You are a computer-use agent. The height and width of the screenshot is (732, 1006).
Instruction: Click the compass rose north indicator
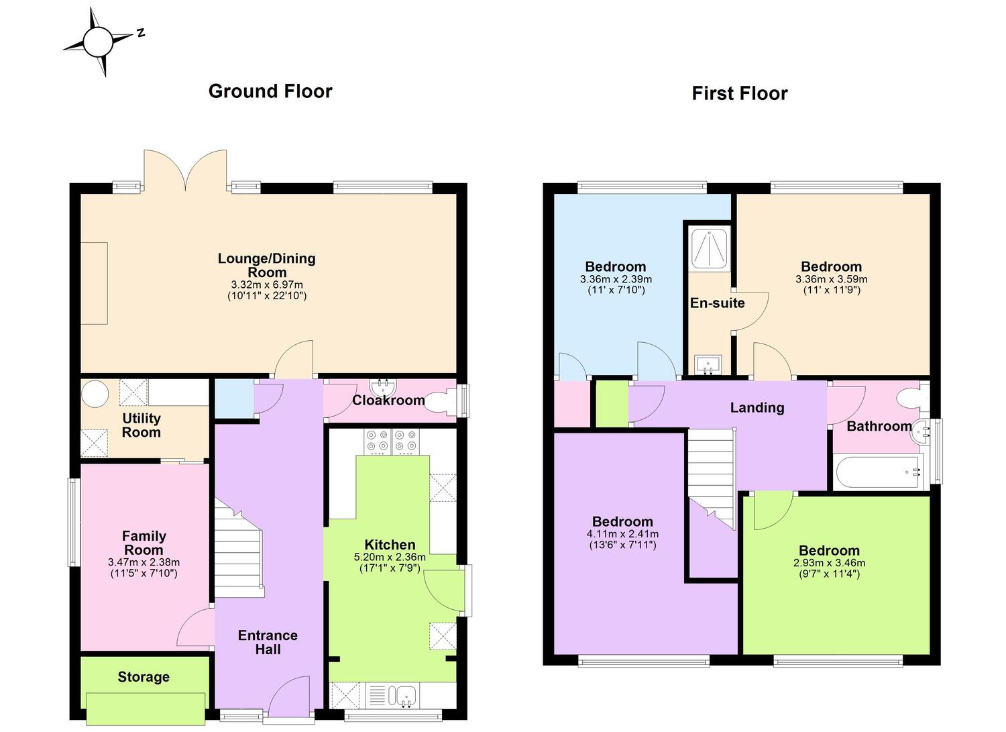(141, 32)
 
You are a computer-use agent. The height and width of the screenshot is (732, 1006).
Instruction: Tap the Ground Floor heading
(270, 91)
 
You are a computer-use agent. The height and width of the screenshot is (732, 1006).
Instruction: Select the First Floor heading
(739, 93)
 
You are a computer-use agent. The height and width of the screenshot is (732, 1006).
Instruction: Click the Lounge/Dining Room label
(267, 265)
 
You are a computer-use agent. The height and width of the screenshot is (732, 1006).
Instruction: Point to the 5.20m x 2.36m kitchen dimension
(390, 557)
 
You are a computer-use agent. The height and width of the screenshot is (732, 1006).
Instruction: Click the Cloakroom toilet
(441, 401)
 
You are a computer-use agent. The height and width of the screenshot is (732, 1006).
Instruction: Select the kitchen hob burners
(392, 441)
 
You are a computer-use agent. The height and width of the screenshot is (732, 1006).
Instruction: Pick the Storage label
(144, 677)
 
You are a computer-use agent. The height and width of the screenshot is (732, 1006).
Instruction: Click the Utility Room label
(142, 425)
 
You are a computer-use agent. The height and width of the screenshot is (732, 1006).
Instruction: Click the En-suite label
(717, 303)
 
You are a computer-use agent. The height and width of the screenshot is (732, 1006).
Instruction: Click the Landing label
(757, 407)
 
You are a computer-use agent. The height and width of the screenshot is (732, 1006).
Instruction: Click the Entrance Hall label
(268, 642)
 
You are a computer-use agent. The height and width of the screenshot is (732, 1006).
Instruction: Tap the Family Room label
(144, 543)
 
